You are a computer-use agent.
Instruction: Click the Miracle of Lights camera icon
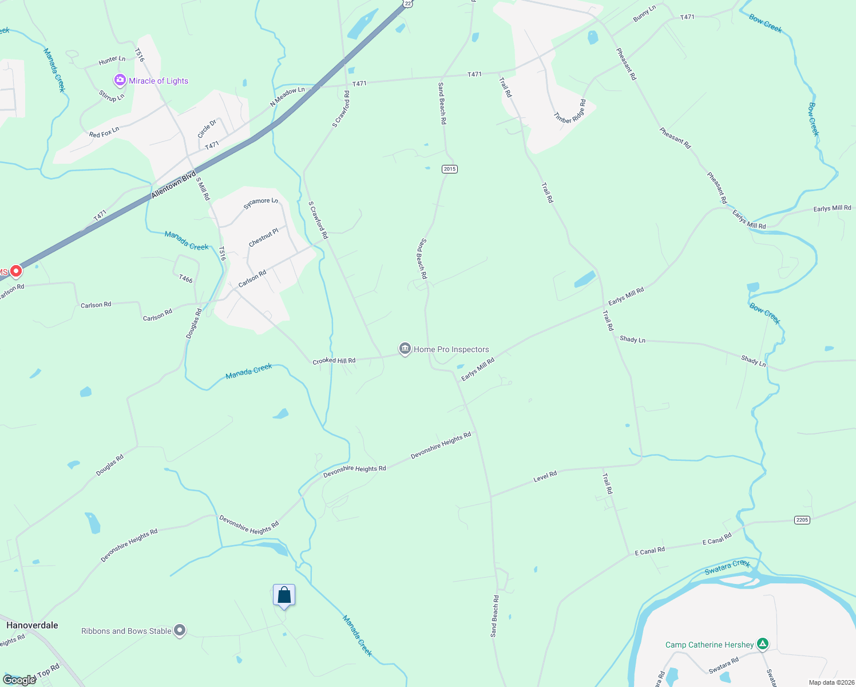coord(120,80)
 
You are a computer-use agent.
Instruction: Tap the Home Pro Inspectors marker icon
coord(405,349)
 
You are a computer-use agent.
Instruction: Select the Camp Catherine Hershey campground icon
coord(762,644)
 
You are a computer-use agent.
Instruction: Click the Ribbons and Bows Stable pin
coord(180,631)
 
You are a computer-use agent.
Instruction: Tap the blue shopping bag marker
coord(284,595)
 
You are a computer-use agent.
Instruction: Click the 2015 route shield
coord(450,169)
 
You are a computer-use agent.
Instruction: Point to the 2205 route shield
coord(802,520)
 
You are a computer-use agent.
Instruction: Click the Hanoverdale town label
coord(32,625)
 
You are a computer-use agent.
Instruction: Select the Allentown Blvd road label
coord(174,184)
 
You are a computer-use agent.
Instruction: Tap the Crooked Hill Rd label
coord(334,361)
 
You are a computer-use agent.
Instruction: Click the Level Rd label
coord(545,476)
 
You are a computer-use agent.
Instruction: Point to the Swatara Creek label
coord(727,567)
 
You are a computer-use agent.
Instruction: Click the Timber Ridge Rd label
coord(570,111)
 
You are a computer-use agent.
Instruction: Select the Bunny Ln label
coord(644,14)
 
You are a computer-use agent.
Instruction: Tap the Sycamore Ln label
coord(261,203)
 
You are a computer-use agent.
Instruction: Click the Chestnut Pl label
coord(264,237)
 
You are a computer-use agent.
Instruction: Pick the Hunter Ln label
coord(112,60)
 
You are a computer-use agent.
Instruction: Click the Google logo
coord(19,680)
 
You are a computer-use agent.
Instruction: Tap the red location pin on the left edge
coord(16,271)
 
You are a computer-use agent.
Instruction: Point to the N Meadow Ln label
coord(287,97)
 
